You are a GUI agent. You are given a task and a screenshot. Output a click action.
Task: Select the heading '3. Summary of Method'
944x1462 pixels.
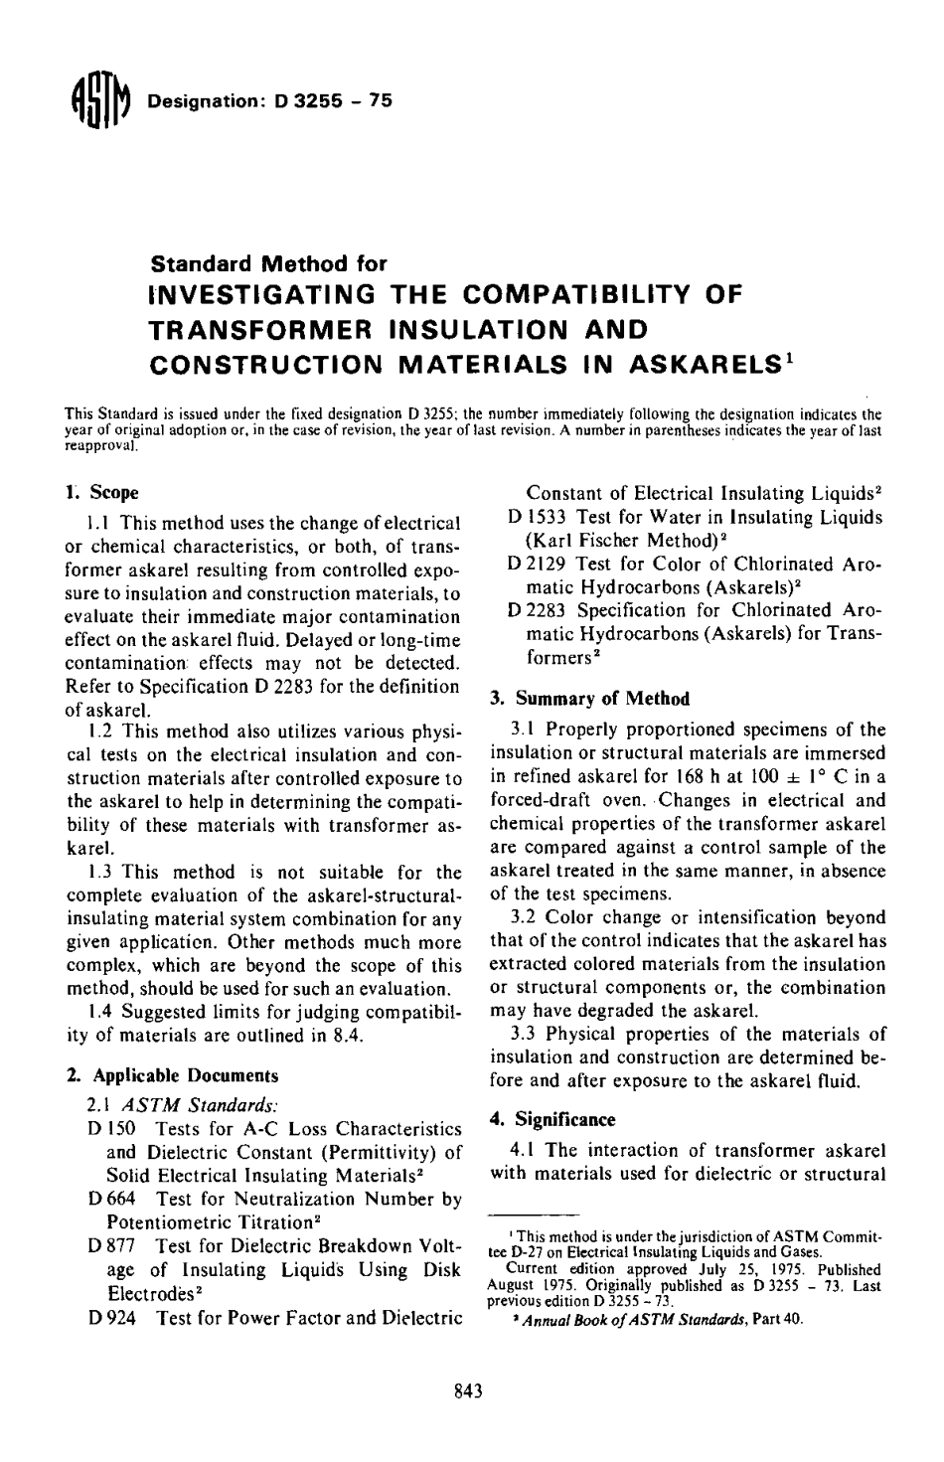click(590, 699)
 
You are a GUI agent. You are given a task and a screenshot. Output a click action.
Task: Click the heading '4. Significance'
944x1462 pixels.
click(552, 1119)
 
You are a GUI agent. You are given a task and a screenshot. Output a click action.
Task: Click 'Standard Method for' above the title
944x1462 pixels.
click(267, 264)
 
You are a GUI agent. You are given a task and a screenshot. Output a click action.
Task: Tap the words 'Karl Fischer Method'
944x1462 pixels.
click(616, 541)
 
